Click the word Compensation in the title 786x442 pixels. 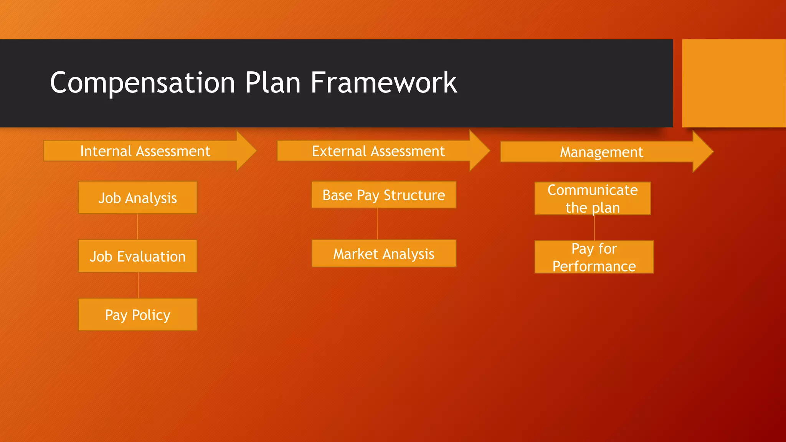142,82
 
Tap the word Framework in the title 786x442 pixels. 383,82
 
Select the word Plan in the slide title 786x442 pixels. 272,82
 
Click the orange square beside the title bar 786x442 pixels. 733,83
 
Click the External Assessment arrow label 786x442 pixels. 378,151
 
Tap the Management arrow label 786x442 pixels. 601,152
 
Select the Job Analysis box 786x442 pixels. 137,198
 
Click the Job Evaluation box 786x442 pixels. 137,256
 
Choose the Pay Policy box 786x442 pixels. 137,315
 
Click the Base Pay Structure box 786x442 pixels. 383,195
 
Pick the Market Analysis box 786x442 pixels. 383,254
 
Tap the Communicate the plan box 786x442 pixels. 592,198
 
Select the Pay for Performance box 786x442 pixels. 594,257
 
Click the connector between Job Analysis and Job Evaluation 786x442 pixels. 137,227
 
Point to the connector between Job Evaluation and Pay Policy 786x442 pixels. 138,285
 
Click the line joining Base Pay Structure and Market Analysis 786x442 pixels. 377,224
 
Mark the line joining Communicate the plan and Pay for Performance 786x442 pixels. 594,228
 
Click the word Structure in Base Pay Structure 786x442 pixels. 414,195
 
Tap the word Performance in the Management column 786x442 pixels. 594,266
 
